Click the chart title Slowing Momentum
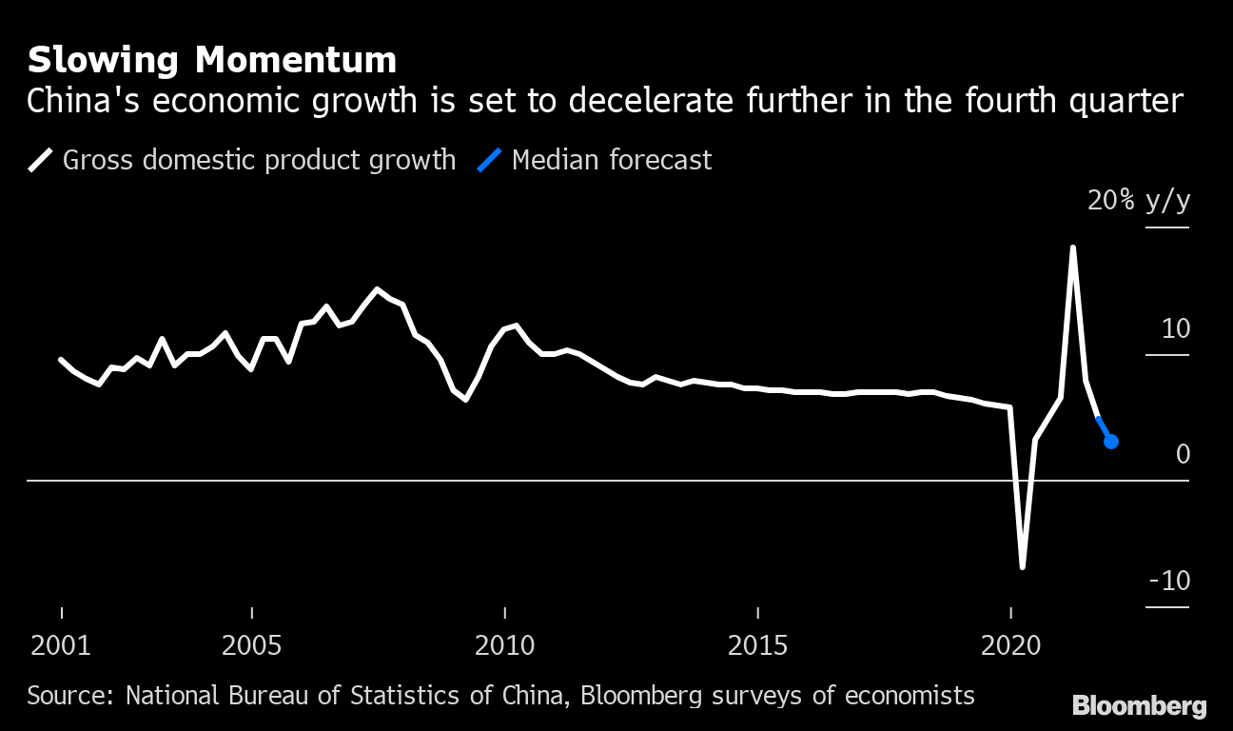pos(211,61)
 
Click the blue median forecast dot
pos(1110,441)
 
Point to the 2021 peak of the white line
pos(1073,248)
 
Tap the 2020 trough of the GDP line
pos(1023,567)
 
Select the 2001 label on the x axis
pos(61,646)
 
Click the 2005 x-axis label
pos(251,646)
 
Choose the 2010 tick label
pos(504,646)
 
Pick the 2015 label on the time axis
pos(757,646)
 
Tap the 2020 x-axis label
pos(1010,646)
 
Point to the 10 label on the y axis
pos(1175,329)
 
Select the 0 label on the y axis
pos(1183,454)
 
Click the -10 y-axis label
pos(1168,581)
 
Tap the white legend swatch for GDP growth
pos(41,160)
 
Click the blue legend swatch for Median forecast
pos(490,160)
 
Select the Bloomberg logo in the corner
pos(1139,705)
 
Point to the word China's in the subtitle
pos(81,101)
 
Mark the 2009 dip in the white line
pos(465,400)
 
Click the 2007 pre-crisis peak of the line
pos(378,288)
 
